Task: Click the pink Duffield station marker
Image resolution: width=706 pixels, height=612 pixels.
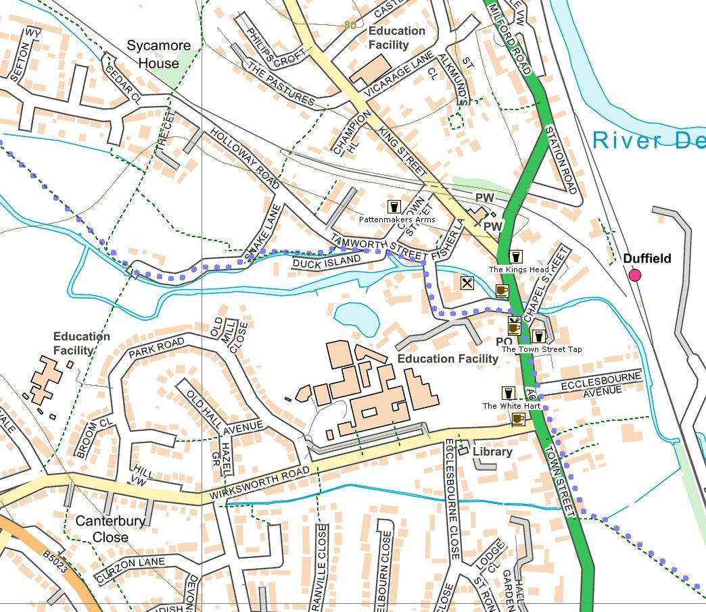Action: pyautogui.click(x=634, y=275)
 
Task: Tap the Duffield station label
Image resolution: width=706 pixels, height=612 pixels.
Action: pyautogui.click(x=646, y=259)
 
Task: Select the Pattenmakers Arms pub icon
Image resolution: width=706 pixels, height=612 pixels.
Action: pyautogui.click(x=394, y=207)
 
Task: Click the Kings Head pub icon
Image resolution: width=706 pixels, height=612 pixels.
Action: pyautogui.click(x=515, y=257)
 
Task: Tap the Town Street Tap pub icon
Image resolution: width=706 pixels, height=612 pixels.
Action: pyautogui.click(x=538, y=336)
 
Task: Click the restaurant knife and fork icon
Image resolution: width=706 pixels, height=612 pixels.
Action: pyautogui.click(x=467, y=282)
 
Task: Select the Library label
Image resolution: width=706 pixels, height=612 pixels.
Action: pyautogui.click(x=492, y=452)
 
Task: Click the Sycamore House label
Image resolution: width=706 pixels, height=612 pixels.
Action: pyautogui.click(x=159, y=55)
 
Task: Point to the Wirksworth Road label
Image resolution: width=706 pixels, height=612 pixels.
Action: pyautogui.click(x=260, y=484)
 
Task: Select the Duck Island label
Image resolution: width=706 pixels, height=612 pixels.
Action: pyautogui.click(x=327, y=261)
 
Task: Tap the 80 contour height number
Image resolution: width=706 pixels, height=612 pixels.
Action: pyautogui.click(x=350, y=25)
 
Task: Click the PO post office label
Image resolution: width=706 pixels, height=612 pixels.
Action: pyautogui.click(x=503, y=342)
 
